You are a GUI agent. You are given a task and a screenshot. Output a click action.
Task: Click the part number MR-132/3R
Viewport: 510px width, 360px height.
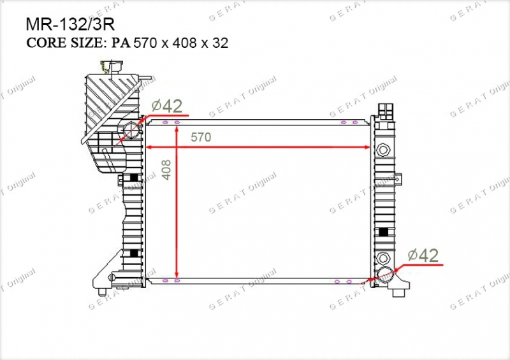(x=70, y=24)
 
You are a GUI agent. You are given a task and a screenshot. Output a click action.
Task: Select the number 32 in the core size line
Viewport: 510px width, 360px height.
(x=220, y=43)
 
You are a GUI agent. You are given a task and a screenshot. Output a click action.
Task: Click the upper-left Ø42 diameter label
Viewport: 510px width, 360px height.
(x=167, y=106)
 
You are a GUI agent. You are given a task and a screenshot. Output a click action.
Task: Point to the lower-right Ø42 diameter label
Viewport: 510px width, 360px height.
(x=423, y=256)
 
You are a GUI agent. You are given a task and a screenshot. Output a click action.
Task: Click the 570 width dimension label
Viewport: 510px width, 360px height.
(x=201, y=137)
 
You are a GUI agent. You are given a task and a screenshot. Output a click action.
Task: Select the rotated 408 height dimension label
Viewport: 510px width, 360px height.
(x=166, y=169)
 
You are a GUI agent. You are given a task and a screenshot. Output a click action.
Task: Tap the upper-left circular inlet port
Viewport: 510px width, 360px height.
(x=131, y=130)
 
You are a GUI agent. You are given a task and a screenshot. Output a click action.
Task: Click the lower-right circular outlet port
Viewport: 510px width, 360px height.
(x=386, y=275)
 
